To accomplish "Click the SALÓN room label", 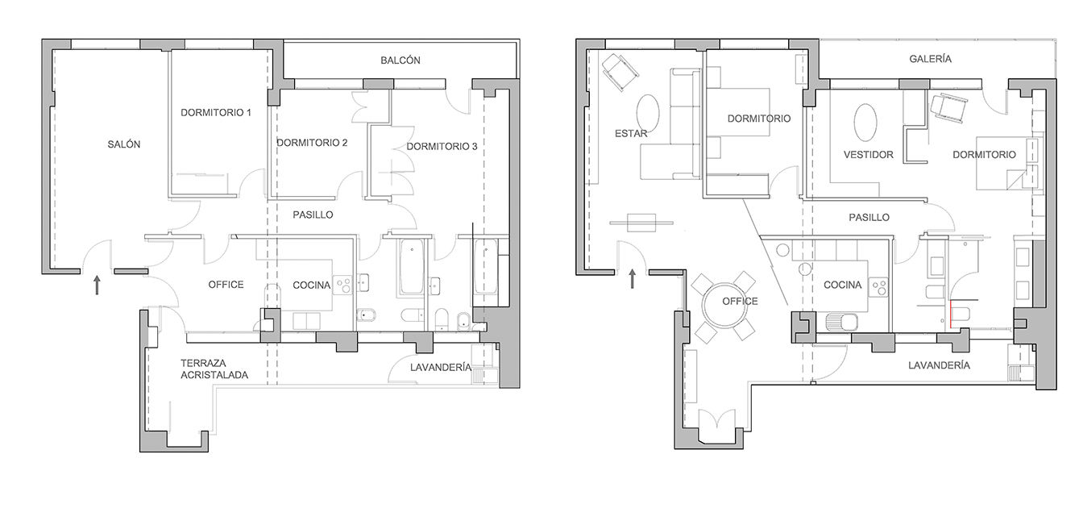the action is coord(124,144).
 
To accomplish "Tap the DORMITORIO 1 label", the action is coord(216,113).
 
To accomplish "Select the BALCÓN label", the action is coord(400,60).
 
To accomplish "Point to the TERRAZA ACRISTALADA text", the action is coord(214,369).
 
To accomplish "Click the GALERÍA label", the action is coord(930,59).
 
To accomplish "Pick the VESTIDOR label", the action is coord(869,155).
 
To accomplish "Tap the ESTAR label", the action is coord(631,134).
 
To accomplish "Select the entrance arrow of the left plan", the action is coord(97,285).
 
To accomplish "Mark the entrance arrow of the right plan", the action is coord(632,279).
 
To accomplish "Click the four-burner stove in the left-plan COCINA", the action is coord(343,285).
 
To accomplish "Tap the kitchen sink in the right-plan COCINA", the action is coord(841,322).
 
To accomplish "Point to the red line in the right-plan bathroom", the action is coord(950,314).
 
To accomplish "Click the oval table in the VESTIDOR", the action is coord(865,123).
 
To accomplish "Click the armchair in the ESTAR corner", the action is coord(620,72).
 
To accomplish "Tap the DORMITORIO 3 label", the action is coord(442,146).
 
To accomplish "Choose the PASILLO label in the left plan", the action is coord(313,215).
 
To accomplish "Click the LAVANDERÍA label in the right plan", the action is coord(939,365).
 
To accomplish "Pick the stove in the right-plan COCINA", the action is coord(878,288).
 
